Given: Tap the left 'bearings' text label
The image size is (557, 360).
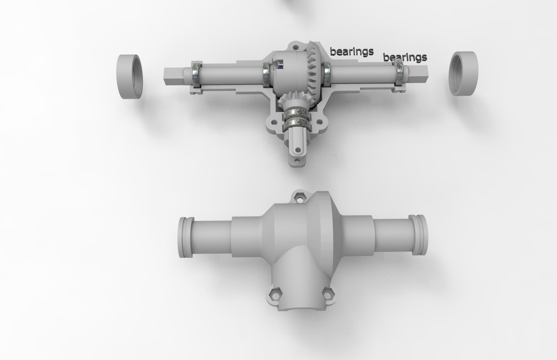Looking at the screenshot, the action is coord(352,52).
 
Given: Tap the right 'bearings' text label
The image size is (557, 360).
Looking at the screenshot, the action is coord(405,57).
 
